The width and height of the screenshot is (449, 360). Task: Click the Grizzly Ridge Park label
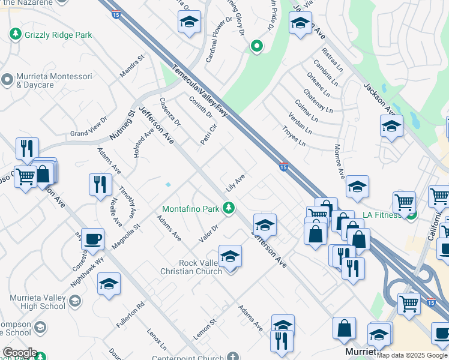[x=58, y=35]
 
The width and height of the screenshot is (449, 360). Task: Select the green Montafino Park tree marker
[x=228, y=208]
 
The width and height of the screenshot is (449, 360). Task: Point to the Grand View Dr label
[x=88, y=127]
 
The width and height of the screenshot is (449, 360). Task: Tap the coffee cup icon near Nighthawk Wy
[x=92, y=239]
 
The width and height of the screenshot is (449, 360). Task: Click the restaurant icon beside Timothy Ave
[x=100, y=184]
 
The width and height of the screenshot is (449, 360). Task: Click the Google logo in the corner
[x=20, y=353]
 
